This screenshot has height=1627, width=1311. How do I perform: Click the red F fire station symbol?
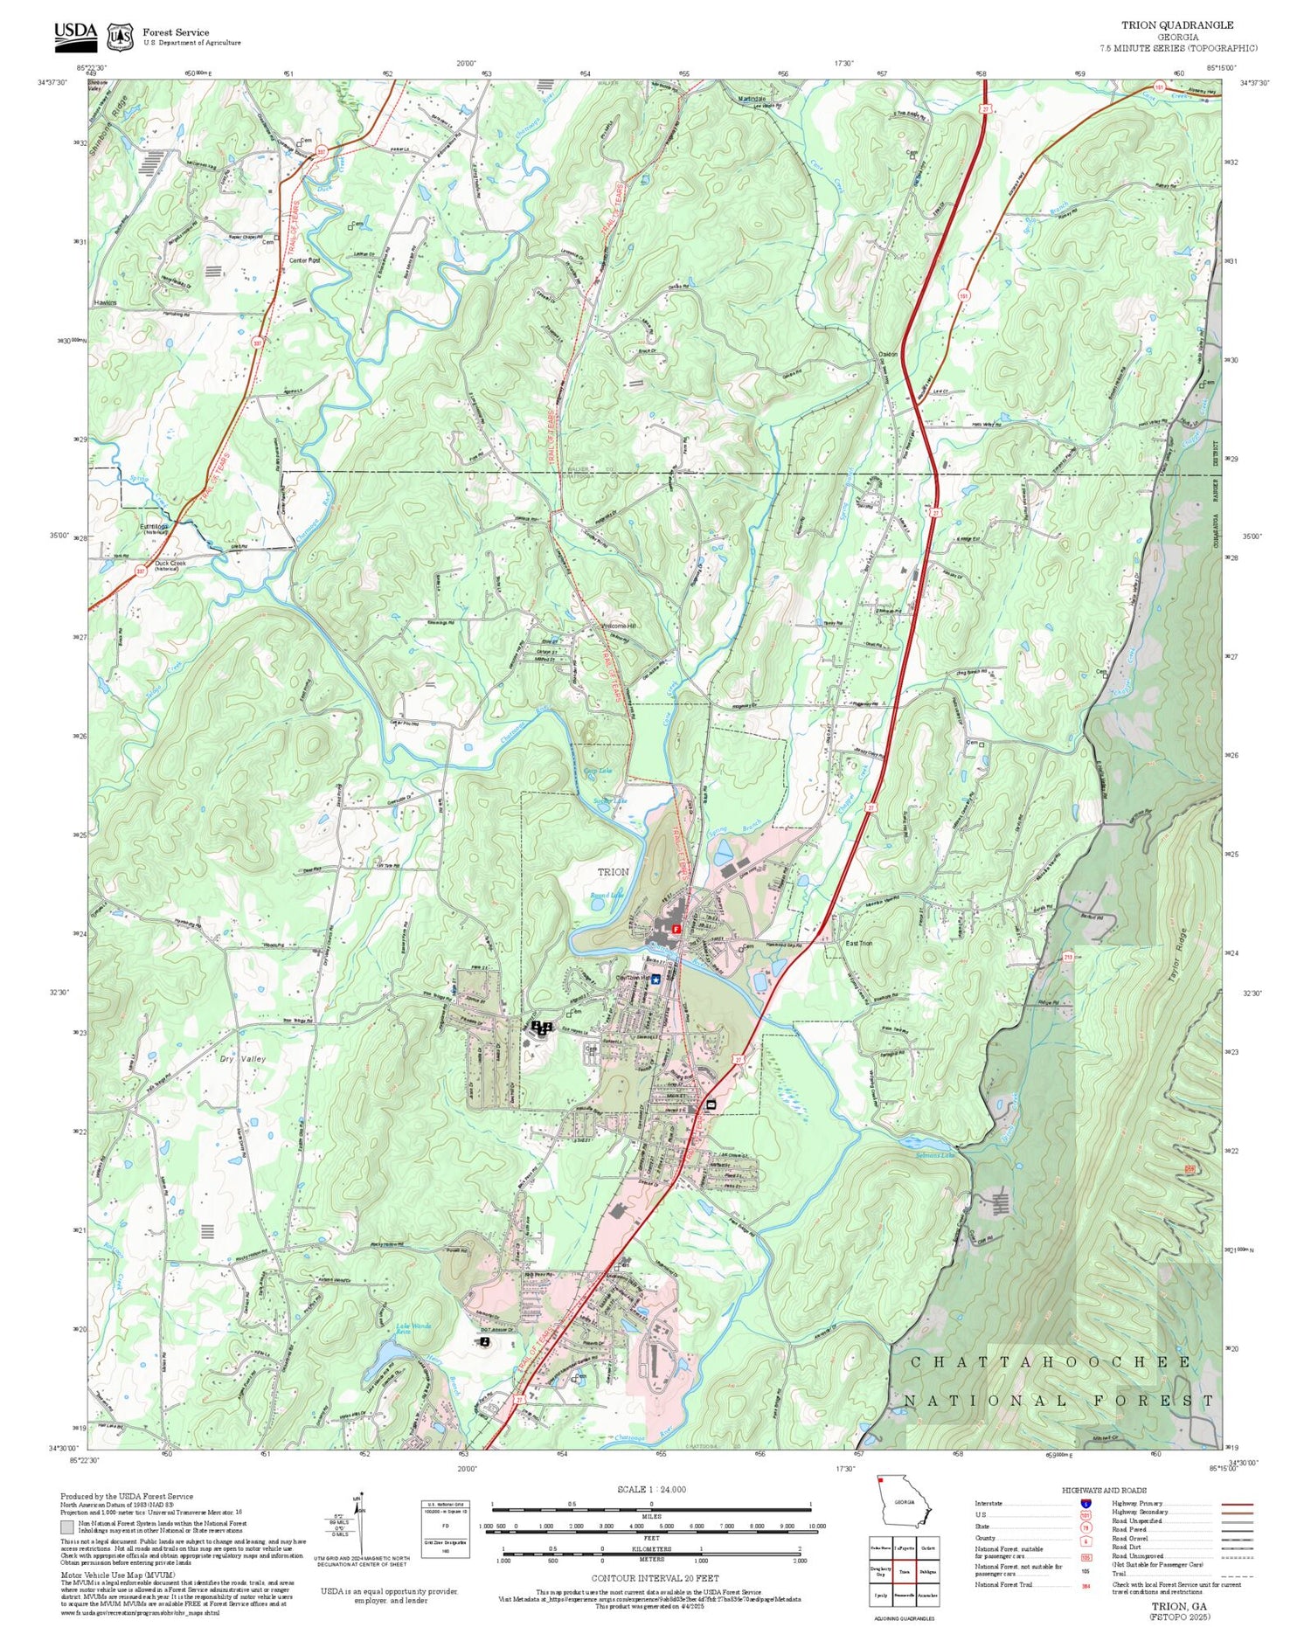click(x=676, y=930)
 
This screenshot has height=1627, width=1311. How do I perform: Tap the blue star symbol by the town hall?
click(x=655, y=980)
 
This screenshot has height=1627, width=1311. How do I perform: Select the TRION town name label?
click(x=613, y=872)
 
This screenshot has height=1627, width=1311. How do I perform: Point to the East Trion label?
click(x=858, y=944)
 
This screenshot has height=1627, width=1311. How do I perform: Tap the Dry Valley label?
click(x=242, y=1059)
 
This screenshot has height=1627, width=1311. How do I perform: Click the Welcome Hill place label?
click(x=619, y=626)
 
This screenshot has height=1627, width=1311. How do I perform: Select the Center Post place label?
click(x=304, y=260)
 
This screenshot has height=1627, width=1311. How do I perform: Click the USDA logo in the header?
click(x=75, y=33)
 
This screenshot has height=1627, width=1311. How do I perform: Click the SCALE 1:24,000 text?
click(x=651, y=1489)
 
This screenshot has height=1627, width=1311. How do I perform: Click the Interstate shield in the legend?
click(x=1086, y=1503)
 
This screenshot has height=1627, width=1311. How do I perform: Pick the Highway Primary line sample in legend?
click(x=1232, y=1505)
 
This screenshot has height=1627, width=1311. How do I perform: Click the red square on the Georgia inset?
click(x=881, y=1480)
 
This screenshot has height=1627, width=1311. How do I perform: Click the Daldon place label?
click(x=887, y=354)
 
